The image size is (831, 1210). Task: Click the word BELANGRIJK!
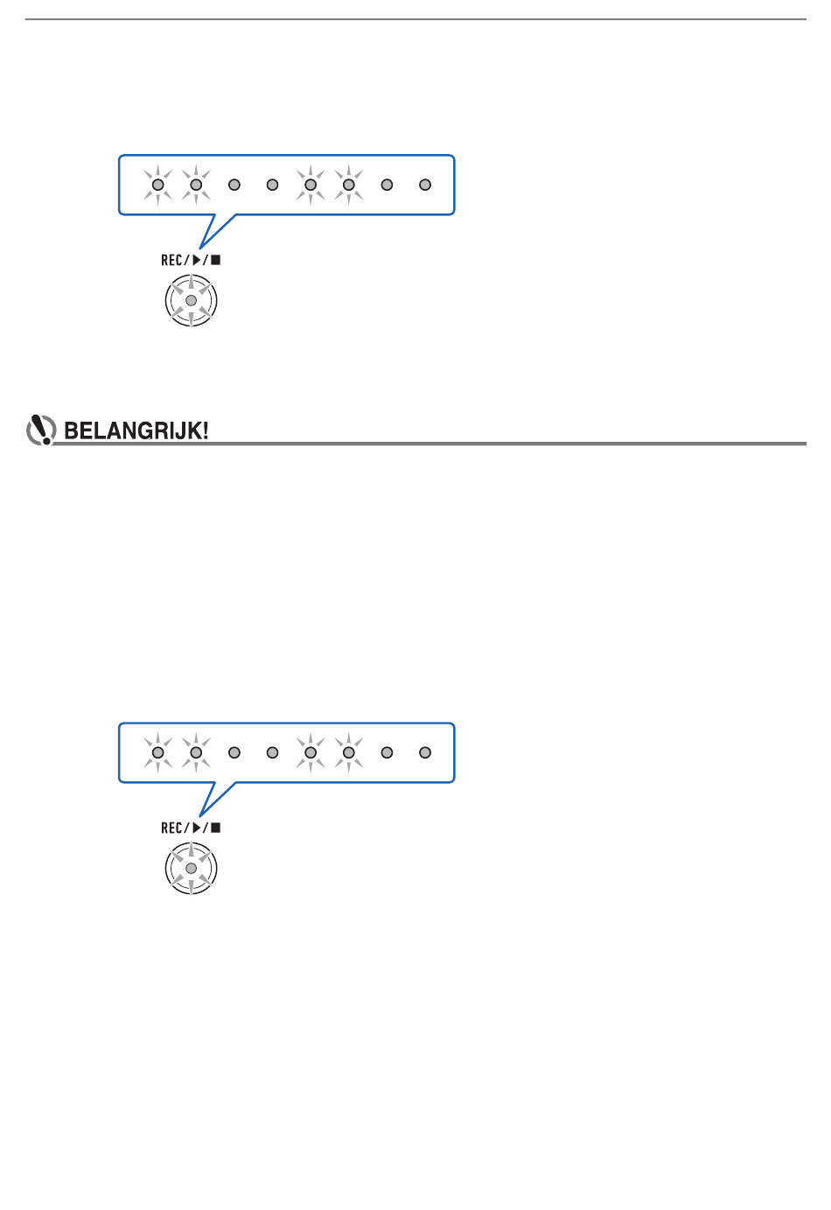click(x=136, y=430)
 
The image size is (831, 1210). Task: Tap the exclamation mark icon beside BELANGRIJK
click(x=41, y=430)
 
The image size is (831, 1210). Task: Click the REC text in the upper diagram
click(x=171, y=261)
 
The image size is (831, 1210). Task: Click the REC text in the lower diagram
click(x=171, y=828)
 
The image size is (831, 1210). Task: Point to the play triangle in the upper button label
click(x=197, y=261)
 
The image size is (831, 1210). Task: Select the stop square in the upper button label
click(x=216, y=261)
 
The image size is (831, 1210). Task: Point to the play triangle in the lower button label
click(x=197, y=828)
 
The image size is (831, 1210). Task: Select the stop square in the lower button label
click(x=216, y=828)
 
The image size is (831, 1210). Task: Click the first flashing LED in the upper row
click(x=157, y=185)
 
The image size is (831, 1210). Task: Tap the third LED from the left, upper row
click(x=234, y=185)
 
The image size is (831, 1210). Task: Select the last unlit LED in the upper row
click(x=425, y=185)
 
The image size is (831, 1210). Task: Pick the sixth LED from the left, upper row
click(x=349, y=185)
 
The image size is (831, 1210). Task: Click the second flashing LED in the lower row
click(x=196, y=752)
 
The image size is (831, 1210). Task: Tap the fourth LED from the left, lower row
click(x=273, y=752)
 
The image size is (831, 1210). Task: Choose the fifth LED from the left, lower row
click(x=311, y=752)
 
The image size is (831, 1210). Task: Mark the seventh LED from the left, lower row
click(x=388, y=752)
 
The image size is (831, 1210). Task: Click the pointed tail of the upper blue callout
click(x=200, y=248)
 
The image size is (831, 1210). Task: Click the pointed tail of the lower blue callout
click(x=200, y=816)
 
